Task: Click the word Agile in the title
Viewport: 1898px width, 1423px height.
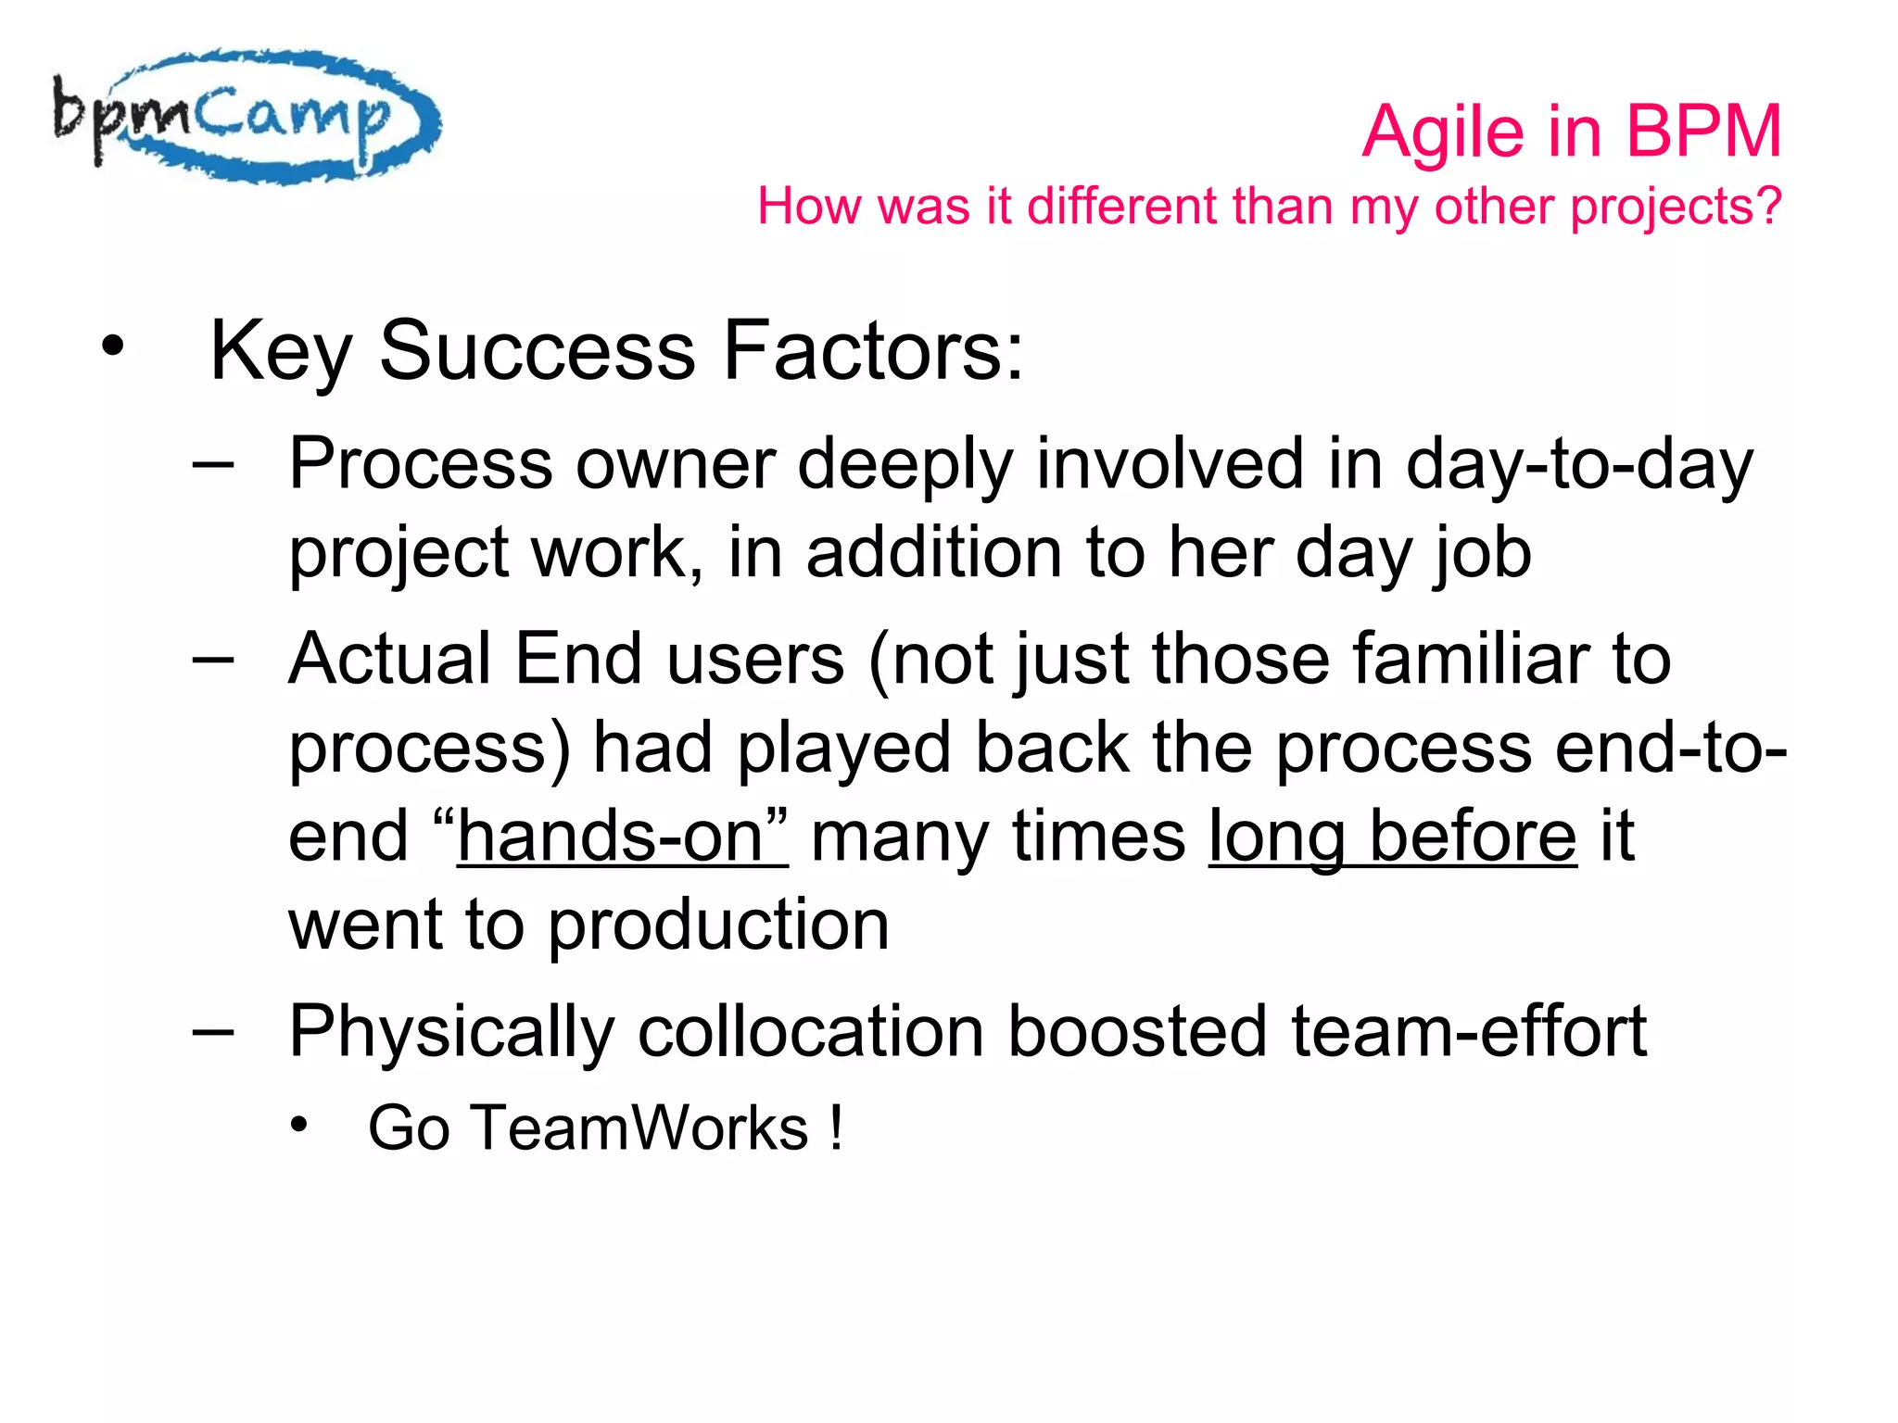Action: coord(1442,132)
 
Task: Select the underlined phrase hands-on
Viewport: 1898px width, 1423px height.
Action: coord(622,837)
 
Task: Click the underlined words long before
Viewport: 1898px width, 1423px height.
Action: coord(1392,837)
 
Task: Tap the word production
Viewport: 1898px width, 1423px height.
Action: coord(718,926)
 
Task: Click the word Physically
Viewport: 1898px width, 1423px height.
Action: coord(451,1032)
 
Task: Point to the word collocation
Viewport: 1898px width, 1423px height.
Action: coord(811,1032)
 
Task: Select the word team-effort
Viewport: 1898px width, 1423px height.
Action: coord(1468,1032)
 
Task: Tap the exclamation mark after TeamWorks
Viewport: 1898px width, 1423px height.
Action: coord(837,1128)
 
